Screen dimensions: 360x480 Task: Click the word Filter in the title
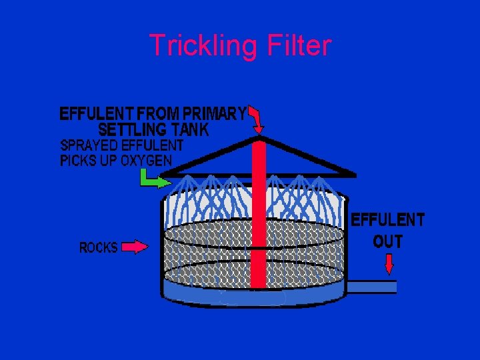pos(298,45)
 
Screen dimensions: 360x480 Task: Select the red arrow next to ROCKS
pos(135,247)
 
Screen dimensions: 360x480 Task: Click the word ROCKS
pos(99,248)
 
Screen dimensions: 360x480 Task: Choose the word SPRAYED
pos(88,145)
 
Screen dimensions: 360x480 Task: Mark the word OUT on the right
pos(388,241)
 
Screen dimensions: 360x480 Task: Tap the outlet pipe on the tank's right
pos(372,287)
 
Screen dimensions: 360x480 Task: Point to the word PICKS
pos(79,161)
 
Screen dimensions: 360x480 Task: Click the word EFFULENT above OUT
pos(388,219)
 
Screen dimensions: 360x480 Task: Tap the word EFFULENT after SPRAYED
pos(151,145)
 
